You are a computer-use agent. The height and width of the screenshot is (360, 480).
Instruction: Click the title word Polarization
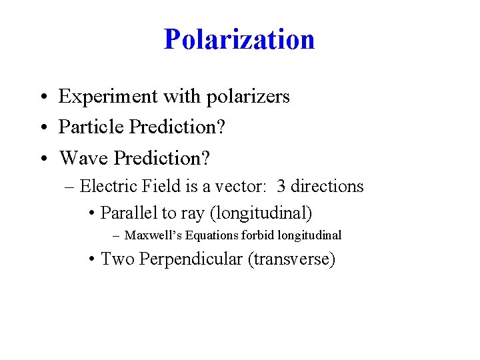(x=239, y=39)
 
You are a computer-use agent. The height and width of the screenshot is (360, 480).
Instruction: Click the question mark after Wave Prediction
(x=205, y=159)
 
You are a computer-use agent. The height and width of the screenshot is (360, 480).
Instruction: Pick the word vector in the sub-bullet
(x=237, y=186)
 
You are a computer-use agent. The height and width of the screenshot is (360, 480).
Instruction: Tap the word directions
(x=328, y=186)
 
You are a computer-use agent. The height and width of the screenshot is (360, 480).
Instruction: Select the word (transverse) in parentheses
(x=291, y=259)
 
